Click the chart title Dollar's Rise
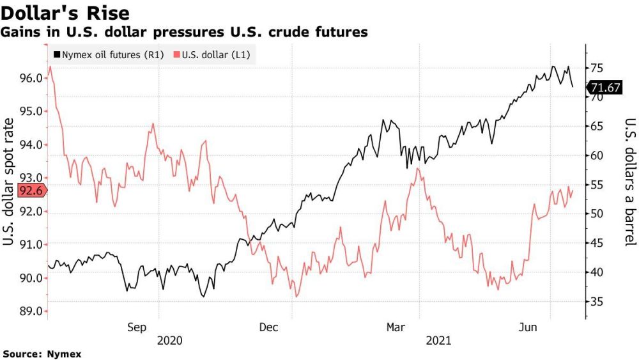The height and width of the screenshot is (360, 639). click(x=66, y=13)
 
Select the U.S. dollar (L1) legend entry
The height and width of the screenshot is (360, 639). click(x=212, y=55)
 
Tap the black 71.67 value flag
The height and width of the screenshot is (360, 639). click(x=604, y=88)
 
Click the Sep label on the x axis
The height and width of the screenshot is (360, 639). click(x=137, y=327)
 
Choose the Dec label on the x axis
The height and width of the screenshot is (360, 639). click(x=268, y=327)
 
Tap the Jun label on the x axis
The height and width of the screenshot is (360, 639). click(x=527, y=327)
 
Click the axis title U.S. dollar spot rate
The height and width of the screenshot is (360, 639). click(x=9, y=182)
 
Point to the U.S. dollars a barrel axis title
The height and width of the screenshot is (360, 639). click(x=629, y=182)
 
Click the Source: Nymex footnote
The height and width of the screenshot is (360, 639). click(x=42, y=353)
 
